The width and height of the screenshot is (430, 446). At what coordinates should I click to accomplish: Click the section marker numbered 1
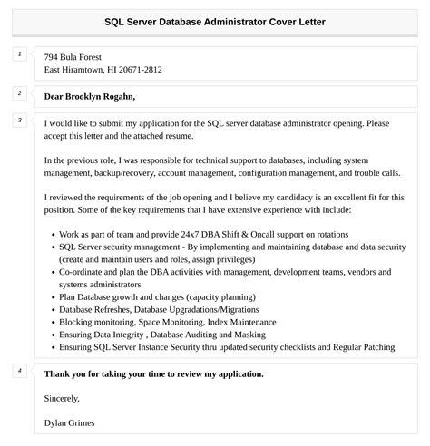tap(19, 55)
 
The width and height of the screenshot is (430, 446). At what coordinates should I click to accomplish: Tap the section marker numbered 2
tap(19, 93)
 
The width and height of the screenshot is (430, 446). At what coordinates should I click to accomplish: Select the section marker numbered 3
tap(19, 120)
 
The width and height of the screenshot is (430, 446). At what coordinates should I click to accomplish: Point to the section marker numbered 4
tap(19, 371)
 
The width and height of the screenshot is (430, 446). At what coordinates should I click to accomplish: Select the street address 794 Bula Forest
tap(80, 56)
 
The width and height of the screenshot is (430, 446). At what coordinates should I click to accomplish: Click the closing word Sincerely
tap(62, 397)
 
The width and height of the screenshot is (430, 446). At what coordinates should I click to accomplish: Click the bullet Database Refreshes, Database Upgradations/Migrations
tap(173, 308)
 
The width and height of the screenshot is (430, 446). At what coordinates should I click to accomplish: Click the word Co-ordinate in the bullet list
tap(84, 270)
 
